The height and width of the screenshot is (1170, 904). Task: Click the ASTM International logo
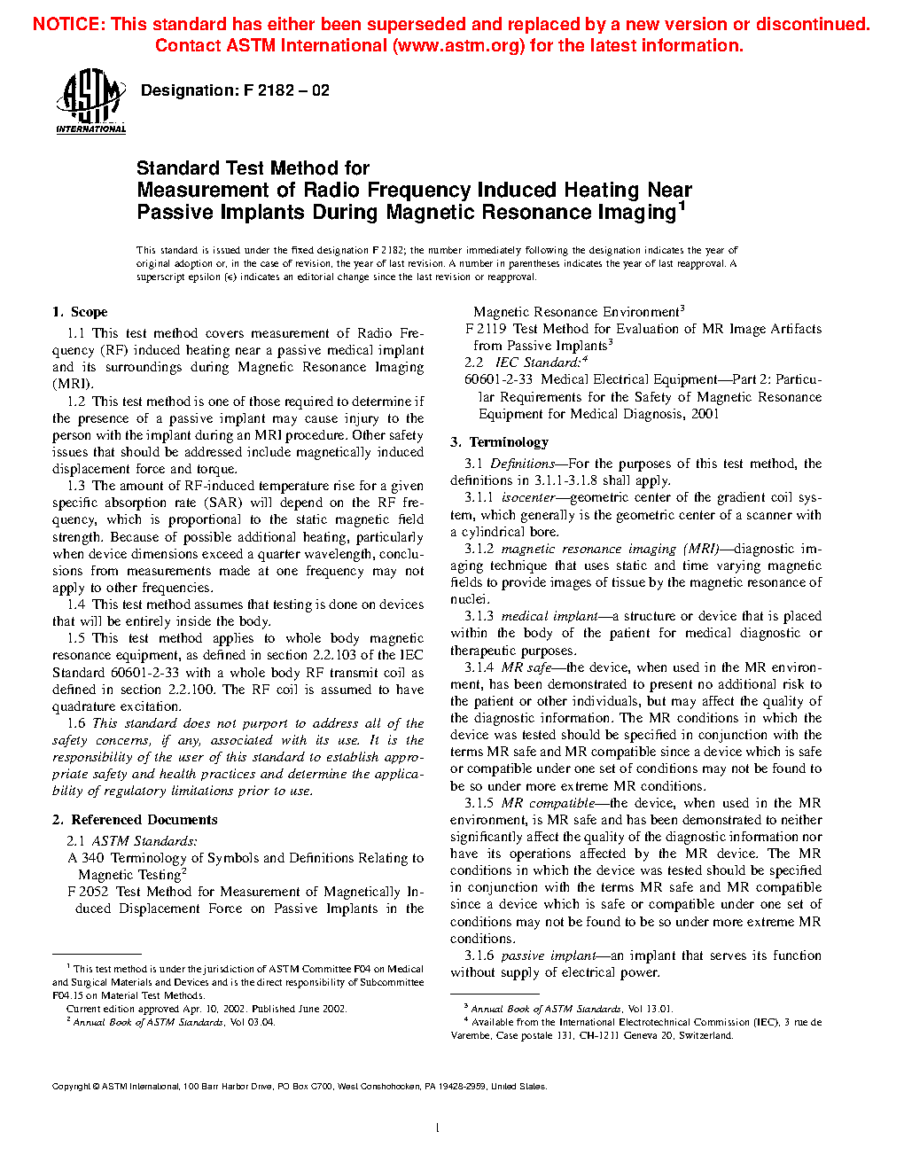90,103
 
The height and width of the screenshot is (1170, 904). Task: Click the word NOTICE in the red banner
67,25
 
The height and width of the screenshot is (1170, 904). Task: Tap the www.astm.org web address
459,46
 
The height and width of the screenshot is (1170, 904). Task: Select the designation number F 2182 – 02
285,90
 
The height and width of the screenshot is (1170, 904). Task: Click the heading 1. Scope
80,312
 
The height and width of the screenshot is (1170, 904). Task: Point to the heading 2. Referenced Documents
135,820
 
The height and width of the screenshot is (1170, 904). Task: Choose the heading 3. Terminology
500,442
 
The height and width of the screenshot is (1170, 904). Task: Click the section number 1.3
76,486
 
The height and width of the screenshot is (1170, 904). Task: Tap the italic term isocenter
528,498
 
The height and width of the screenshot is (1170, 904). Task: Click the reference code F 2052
88,892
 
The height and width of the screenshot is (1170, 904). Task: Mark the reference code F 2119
486,329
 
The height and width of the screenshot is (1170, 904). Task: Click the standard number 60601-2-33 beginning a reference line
498,379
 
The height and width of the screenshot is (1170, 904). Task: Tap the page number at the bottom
438,1128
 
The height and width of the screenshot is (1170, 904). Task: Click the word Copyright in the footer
71,1087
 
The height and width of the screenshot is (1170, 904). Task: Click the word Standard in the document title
177,168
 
